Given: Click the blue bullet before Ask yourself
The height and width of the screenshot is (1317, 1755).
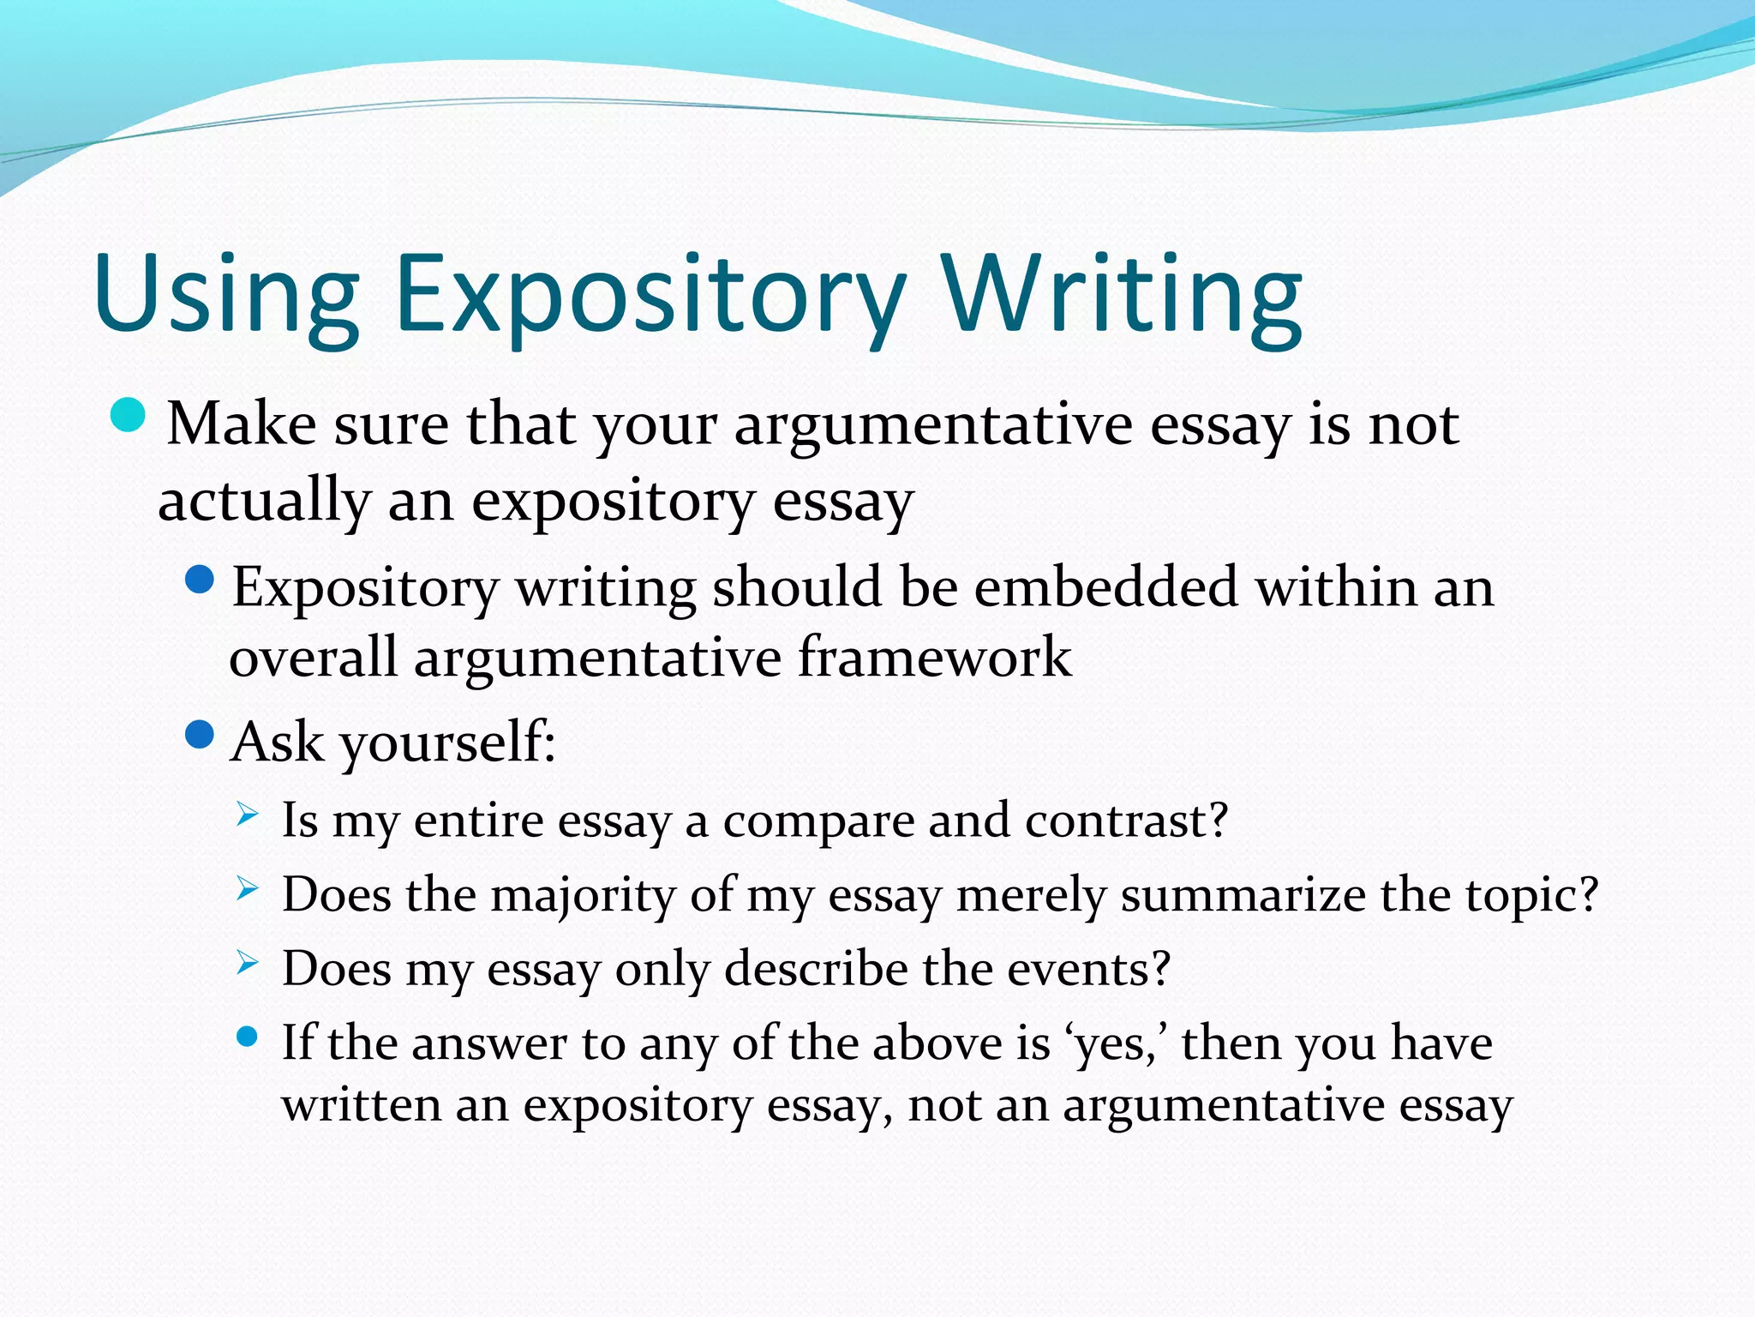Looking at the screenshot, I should coord(199,735).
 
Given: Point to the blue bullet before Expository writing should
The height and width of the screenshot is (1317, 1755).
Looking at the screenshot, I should coord(199,580).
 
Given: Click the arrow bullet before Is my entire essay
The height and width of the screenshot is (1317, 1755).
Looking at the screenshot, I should coord(247,815).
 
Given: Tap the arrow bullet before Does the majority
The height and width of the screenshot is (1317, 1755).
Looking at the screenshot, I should coord(247,889).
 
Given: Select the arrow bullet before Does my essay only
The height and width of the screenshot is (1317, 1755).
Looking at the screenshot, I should coord(247,964).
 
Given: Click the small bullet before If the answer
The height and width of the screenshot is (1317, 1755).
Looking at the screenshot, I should coord(247,1037).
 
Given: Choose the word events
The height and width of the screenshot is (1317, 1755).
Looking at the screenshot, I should coord(1087,970).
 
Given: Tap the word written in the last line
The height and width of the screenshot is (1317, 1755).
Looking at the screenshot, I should coord(361,1105).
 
